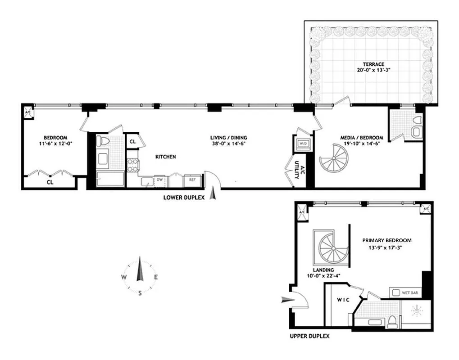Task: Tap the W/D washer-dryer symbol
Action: pyautogui.click(x=301, y=144)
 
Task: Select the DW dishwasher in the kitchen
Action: pyautogui.click(x=159, y=180)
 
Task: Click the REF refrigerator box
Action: pyautogui.click(x=192, y=180)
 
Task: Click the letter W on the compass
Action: pyautogui.click(x=123, y=277)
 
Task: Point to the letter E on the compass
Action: pyautogui.click(x=156, y=277)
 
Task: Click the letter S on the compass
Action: pyautogui.click(x=140, y=293)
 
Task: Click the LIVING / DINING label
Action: pyautogui.click(x=229, y=138)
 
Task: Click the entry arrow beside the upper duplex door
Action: pyautogui.click(x=286, y=299)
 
